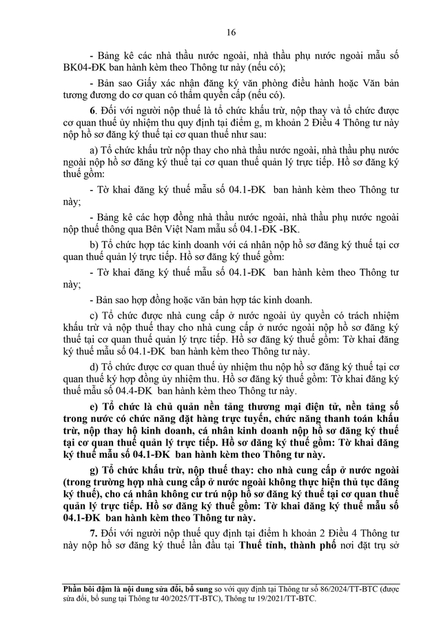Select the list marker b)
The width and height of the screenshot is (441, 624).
click(x=94, y=244)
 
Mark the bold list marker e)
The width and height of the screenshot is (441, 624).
click(x=94, y=410)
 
